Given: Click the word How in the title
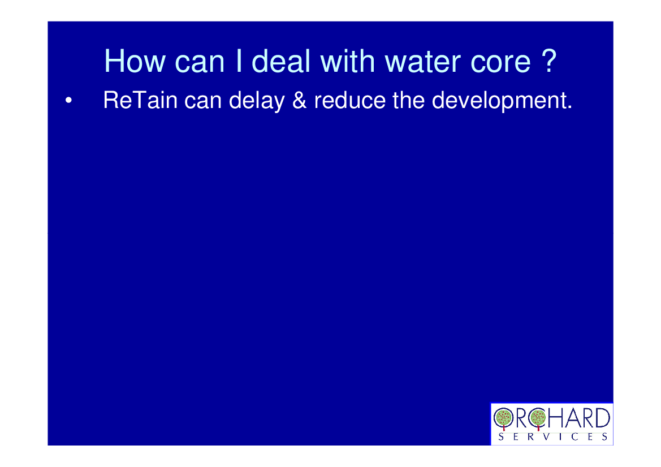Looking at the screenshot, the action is coord(135,61).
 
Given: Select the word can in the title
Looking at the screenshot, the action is coord(200,64).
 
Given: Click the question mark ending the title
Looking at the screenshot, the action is coord(548,60).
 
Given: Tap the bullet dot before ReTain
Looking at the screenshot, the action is coord(68,101).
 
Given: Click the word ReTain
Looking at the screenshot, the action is coord(140,100).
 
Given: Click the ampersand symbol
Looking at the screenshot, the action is coord(299,100).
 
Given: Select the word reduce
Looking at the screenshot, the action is coord(349,100).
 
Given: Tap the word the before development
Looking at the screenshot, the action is coord(408,100).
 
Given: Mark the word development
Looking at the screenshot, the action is coord(502,101).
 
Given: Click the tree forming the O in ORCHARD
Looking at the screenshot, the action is coord(503,418).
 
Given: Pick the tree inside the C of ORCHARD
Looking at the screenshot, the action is coord(538,418).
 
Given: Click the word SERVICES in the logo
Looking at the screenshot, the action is coord(552,436).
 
